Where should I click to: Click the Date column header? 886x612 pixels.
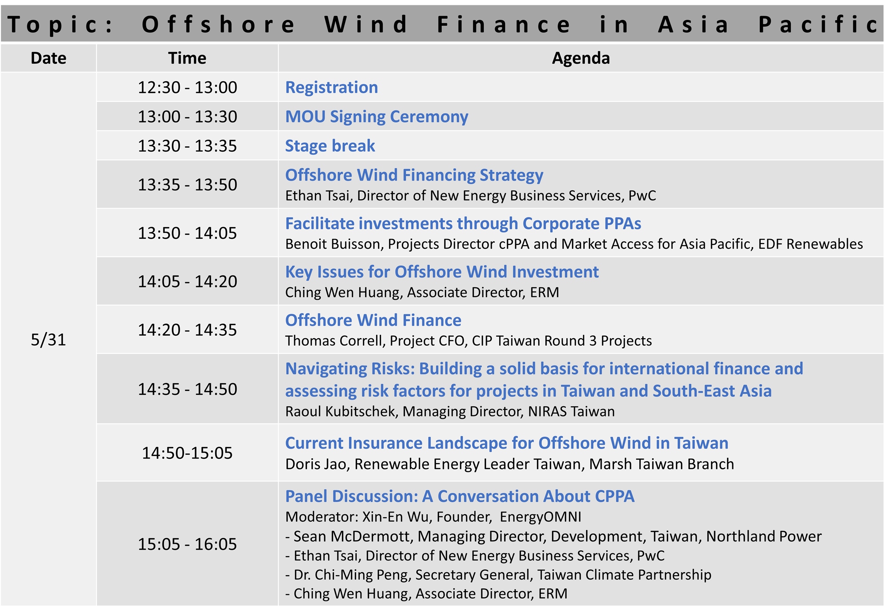(x=48, y=58)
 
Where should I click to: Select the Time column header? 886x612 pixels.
(x=187, y=58)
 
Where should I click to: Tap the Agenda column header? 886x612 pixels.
(x=581, y=58)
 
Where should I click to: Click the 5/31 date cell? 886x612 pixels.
(x=48, y=340)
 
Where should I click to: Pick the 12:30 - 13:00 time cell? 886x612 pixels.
(x=187, y=87)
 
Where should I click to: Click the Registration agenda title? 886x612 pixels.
(x=331, y=88)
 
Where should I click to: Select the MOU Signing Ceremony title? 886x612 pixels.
(x=377, y=117)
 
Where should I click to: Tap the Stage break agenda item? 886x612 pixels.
(x=330, y=146)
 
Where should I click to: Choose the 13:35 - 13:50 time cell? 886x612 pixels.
(x=187, y=185)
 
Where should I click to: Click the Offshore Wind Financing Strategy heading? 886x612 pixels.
(x=414, y=175)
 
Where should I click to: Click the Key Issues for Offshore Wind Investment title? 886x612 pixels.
(x=442, y=272)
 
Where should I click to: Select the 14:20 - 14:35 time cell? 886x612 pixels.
(x=187, y=330)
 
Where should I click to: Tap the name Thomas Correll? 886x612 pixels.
(x=335, y=341)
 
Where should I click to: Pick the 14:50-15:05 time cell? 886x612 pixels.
(x=187, y=453)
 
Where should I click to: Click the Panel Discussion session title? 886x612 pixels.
(x=460, y=496)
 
